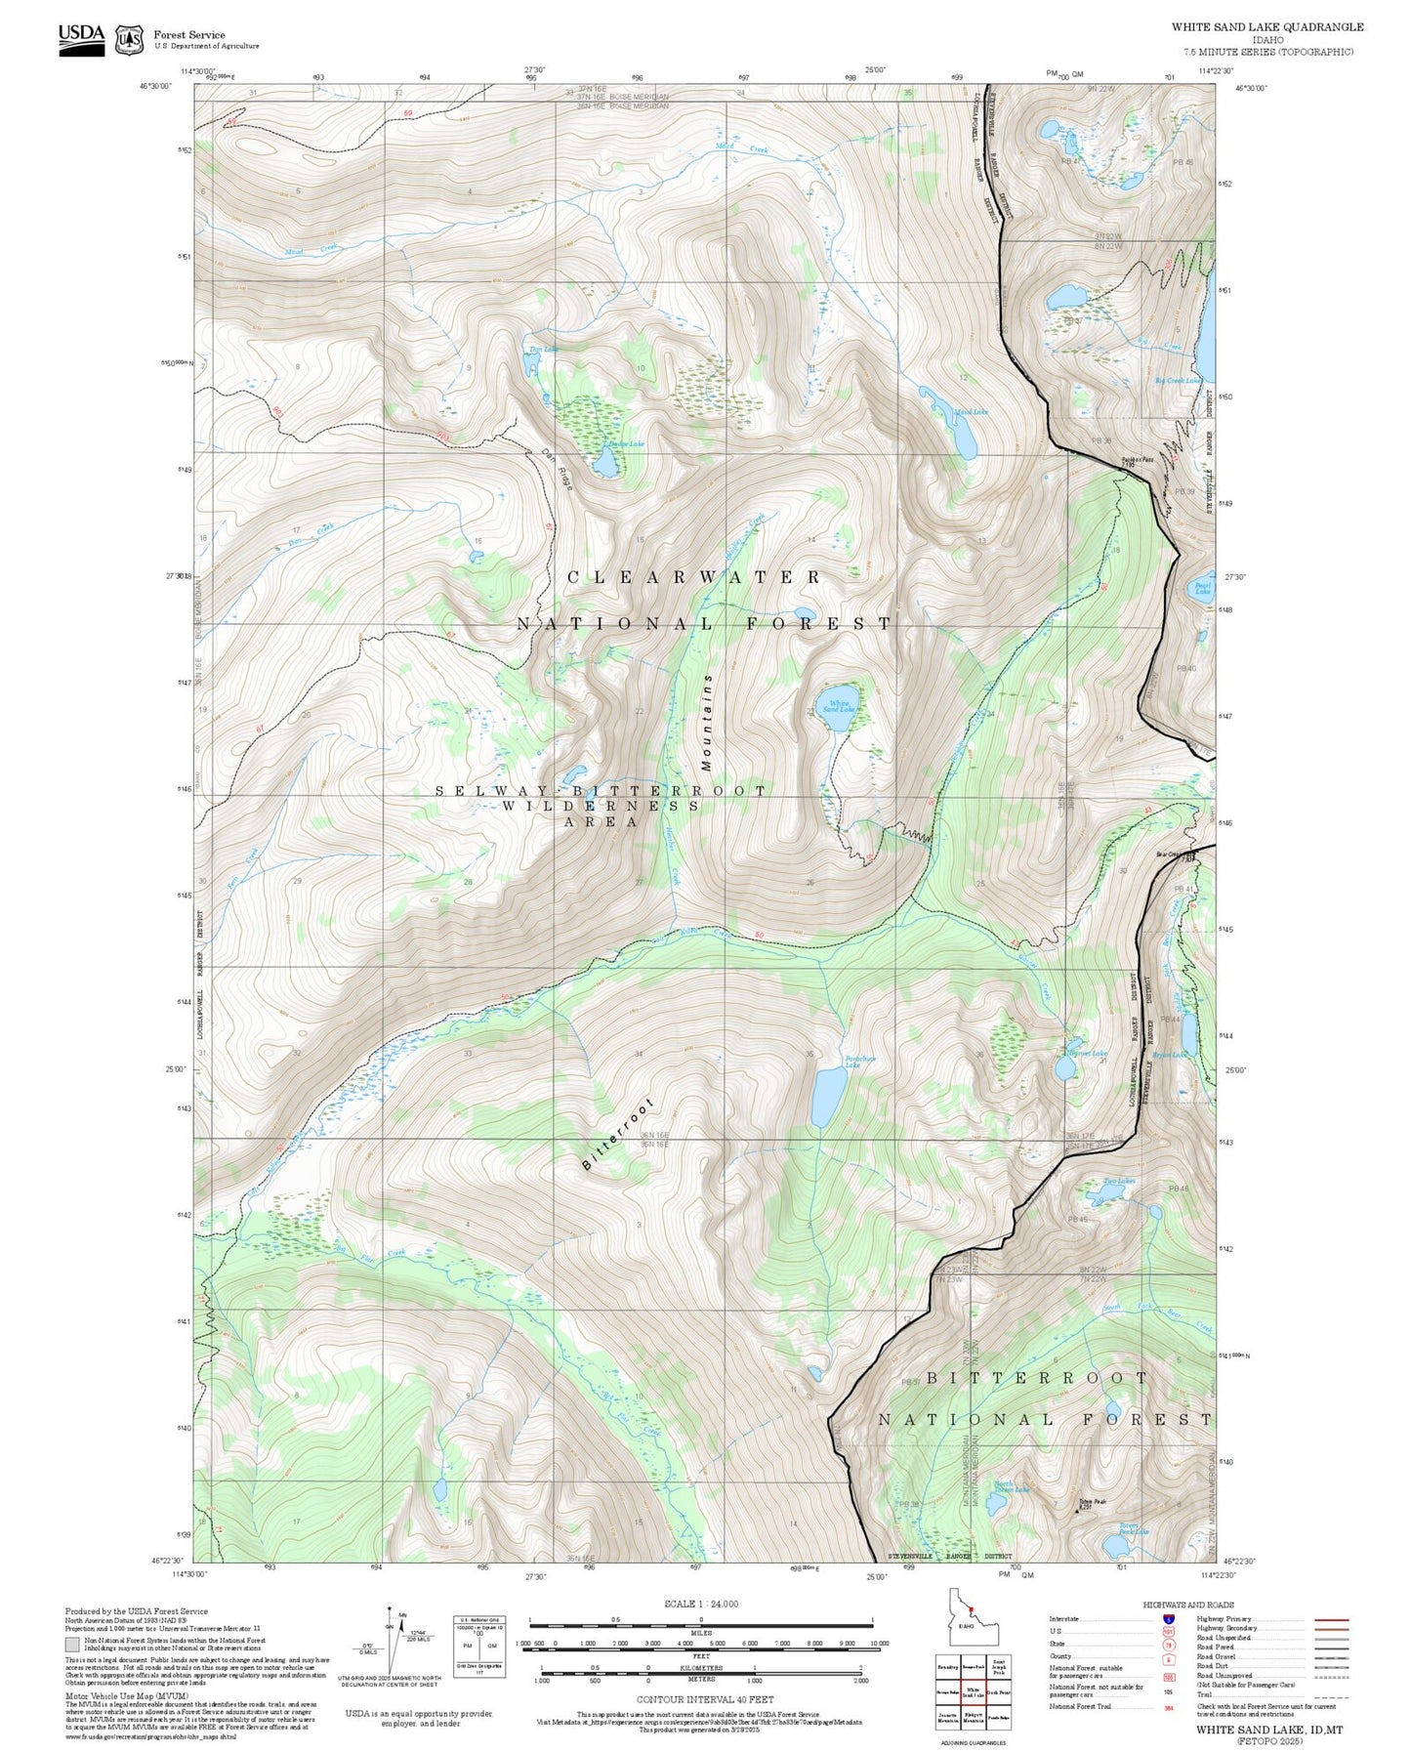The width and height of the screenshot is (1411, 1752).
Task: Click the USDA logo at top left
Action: click(81, 38)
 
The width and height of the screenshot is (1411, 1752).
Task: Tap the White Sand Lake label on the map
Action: click(838, 705)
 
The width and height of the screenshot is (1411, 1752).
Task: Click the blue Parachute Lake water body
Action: click(828, 1096)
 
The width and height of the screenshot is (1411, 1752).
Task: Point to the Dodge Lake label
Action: click(626, 444)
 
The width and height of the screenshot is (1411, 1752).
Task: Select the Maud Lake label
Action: click(970, 412)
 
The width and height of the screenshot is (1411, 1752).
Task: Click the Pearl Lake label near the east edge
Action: click(1203, 588)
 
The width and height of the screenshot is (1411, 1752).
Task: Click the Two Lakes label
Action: click(1119, 1181)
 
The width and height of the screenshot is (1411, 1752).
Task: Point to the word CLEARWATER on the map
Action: click(694, 577)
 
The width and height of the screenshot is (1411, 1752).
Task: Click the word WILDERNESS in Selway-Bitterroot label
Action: click(601, 806)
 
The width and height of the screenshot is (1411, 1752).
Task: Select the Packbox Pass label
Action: click(1137, 459)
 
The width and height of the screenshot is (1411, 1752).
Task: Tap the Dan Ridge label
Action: click(558, 469)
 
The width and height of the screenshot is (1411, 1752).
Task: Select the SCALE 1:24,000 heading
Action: click(700, 1604)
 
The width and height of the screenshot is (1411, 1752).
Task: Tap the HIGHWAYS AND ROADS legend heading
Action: click(1188, 1605)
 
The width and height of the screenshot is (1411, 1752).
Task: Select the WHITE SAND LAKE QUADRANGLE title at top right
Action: click(1267, 27)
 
